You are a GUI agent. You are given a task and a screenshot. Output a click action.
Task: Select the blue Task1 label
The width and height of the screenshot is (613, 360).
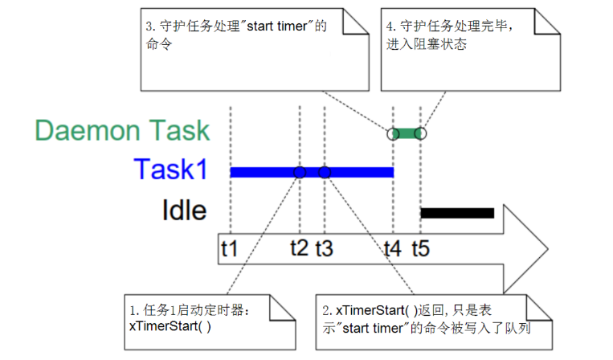coord(171,170)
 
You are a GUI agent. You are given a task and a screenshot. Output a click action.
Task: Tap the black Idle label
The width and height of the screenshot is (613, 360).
coord(184,211)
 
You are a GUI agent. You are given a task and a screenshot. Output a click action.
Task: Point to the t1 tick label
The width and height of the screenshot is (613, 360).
coord(230,249)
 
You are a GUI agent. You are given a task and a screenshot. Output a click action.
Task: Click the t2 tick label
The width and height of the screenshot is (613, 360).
coord(300,249)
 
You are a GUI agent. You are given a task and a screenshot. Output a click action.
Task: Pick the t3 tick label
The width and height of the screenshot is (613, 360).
coord(325,249)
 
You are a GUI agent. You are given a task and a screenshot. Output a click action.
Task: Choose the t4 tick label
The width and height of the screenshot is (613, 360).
coord(393,249)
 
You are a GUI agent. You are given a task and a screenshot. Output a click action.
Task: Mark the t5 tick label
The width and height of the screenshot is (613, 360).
coord(420,249)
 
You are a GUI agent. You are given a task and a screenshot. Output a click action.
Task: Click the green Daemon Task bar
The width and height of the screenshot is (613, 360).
coord(407,133)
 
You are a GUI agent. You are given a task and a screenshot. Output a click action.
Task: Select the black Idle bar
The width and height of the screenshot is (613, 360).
coord(457,213)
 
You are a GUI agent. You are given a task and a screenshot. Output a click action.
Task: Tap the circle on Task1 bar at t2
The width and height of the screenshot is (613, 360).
coord(300,172)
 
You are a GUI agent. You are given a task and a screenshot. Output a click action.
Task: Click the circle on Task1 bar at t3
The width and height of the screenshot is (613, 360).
coord(325,172)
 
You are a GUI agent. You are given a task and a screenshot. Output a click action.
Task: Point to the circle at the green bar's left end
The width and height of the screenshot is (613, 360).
coord(393,133)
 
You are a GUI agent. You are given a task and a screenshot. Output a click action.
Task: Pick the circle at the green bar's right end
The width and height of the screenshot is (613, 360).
coord(420,133)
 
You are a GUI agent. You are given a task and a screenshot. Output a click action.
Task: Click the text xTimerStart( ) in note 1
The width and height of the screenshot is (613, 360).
coord(170,326)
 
